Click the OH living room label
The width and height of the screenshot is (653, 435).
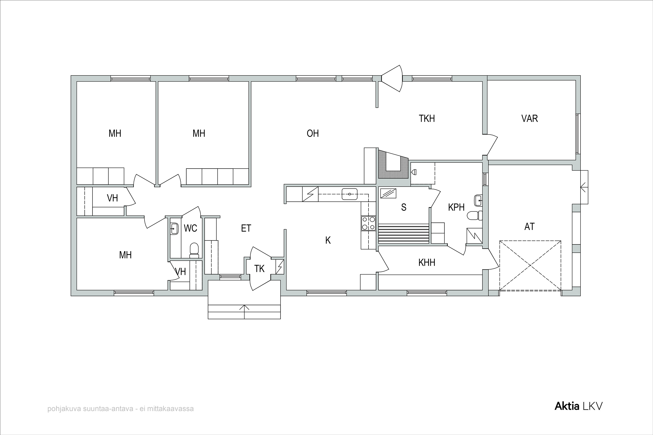tap(313, 134)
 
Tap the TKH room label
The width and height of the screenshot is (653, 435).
tap(427, 119)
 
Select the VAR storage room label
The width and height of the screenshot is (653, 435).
tap(529, 119)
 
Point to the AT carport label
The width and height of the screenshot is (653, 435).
tap(529, 227)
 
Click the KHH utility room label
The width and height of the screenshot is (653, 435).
tap(427, 263)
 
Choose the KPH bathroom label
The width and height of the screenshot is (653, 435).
tap(456, 207)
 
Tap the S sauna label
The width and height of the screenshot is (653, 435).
tap(404, 207)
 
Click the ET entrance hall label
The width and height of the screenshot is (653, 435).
tap(246, 228)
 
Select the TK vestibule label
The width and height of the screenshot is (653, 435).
tap(259, 269)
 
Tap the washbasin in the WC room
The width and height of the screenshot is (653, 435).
tap(174, 229)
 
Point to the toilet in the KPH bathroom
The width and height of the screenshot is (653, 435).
tap(475, 216)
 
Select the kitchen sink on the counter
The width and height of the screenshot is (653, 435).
tap(350, 194)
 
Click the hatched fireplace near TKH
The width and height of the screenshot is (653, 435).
tap(393, 164)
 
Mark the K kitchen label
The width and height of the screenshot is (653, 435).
tap(328, 241)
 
